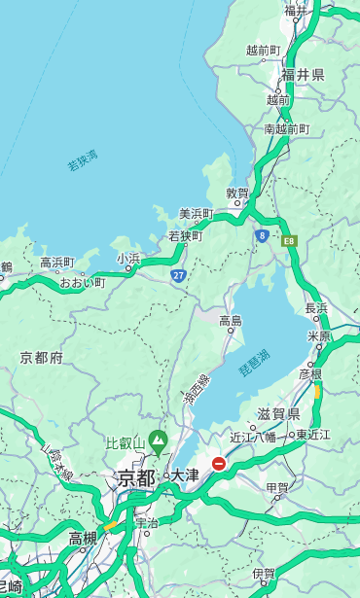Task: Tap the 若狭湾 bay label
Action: pos(83,160)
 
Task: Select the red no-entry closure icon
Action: pos(219,464)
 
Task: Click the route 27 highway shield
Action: pos(178,276)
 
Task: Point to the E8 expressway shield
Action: pos(289,240)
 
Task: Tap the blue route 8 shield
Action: pos(262,234)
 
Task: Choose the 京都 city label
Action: pos(135,477)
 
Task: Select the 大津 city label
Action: pos(185,475)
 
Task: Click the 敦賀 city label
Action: pos(237,193)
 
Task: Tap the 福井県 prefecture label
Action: pos(303,75)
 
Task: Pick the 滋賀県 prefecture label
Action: pos(278,414)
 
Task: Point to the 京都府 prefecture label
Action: pos(42,358)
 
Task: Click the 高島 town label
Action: pos(231,320)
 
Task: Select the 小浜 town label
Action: pos(128,258)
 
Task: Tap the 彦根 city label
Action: pos(310,373)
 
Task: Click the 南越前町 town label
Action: pos(286,128)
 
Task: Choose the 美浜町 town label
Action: pos(197,213)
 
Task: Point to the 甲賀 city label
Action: pos(277,488)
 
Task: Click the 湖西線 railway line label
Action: pos(196,390)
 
